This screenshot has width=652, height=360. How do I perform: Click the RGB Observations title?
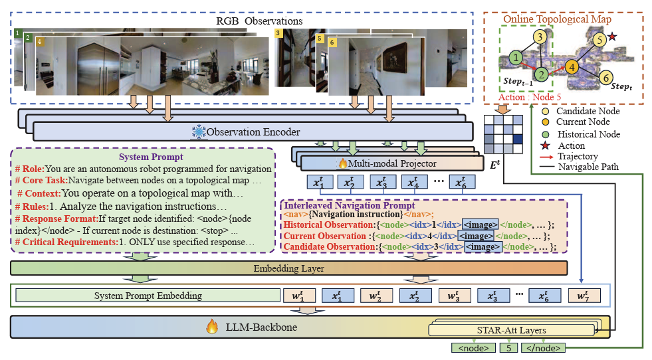tap(259, 21)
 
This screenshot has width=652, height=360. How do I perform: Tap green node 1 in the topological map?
tap(516, 59)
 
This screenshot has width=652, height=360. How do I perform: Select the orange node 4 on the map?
tap(571, 68)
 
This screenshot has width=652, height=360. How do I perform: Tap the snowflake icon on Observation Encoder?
tap(199, 133)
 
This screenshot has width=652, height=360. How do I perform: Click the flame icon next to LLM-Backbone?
tap(212, 327)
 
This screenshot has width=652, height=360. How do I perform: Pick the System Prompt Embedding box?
tap(148, 296)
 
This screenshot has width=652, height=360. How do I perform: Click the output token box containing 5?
tap(508, 347)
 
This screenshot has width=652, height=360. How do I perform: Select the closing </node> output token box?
tap(544, 347)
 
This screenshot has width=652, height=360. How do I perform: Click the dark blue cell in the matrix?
tap(518, 138)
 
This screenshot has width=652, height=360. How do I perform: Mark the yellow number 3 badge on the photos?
tap(278, 33)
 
